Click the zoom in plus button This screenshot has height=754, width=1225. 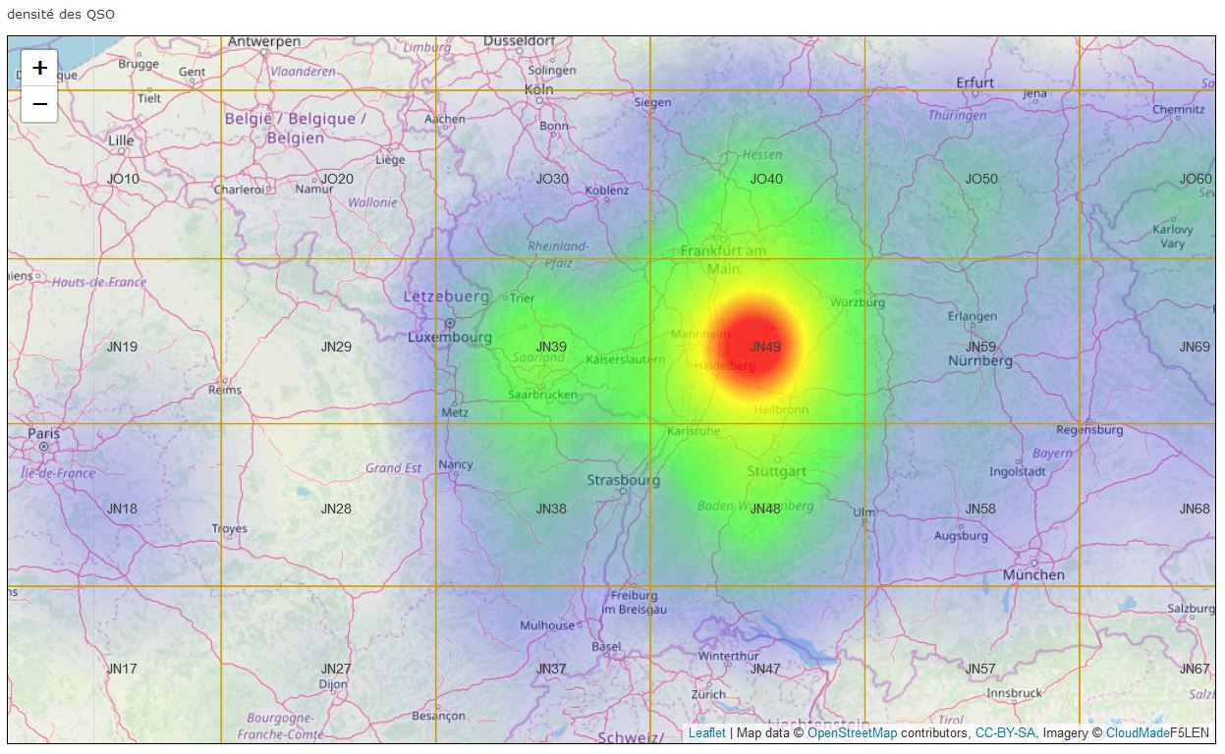click(x=39, y=68)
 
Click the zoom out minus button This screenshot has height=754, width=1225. click(x=39, y=103)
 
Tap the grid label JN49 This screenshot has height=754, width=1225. click(x=765, y=347)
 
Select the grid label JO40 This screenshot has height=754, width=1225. click(x=766, y=179)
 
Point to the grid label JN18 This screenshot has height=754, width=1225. click(x=122, y=509)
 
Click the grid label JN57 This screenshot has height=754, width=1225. click(x=979, y=669)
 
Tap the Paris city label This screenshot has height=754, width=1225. click(x=43, y=434)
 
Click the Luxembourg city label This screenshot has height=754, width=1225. click(x=450, y=338)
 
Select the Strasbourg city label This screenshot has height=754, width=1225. click(x=623, y=480)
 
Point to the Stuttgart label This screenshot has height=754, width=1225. click(x=776, y=471)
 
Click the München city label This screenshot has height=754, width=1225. click(x=1033, y=574)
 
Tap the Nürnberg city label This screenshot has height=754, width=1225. click(x=979, y=360)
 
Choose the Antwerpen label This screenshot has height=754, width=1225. click(x=264, y=42)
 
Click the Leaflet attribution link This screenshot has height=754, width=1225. click(x=706, y=732)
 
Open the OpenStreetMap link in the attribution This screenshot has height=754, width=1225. click(x=852, y=732)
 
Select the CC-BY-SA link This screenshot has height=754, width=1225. click(x=1005, y=732)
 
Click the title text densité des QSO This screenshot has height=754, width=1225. click(x=61, y=15)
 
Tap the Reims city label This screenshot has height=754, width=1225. click(x=225, y=390)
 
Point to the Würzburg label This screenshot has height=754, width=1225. click(x=858, y=302)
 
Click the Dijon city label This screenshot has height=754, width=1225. click(x=333, y=683)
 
